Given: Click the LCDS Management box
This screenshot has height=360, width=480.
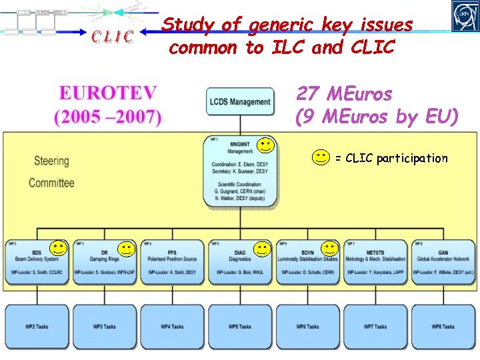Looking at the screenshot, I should (240, 102).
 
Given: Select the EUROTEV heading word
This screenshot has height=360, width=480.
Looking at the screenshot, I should (108, 93).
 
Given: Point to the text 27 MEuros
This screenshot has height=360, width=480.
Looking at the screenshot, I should (344, 93).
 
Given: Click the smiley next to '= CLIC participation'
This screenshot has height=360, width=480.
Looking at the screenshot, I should (321, 158).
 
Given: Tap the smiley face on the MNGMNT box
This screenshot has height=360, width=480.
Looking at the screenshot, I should (266, 144).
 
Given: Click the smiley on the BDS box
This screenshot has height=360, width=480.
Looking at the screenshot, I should (59, 249).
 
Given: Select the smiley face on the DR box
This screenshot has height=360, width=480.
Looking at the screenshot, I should (127, 249).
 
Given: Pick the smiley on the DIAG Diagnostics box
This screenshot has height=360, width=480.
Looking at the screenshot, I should (263, 250).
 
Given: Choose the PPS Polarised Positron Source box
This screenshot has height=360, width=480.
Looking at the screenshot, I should (172, 262).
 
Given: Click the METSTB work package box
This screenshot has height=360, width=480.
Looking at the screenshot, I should (376, 262).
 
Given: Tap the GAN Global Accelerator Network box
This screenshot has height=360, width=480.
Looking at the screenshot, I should (443, 262).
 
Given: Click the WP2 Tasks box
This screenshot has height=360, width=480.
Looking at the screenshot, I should (37, 327).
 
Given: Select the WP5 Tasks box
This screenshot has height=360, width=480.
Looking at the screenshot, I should (240, 327).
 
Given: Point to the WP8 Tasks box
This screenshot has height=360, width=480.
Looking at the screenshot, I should (443, 327).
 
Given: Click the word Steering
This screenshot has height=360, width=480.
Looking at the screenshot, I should (51, 161).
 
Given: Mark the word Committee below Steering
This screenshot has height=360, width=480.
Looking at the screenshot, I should (51, 182).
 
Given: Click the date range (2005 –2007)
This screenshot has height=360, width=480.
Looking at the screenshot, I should (108, 117).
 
